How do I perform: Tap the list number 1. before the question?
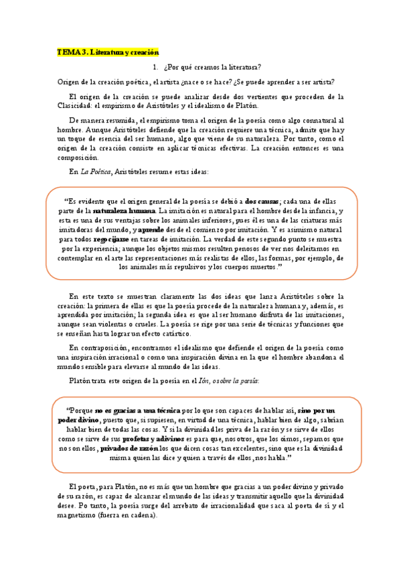(x=155, y=67)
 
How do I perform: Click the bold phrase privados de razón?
(x=130, y=447)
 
